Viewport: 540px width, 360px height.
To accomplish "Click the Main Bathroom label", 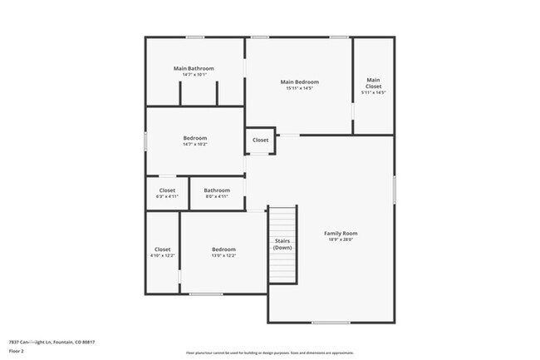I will (x=194, y=68).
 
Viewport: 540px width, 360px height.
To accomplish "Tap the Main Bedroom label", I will (x=300, y=81).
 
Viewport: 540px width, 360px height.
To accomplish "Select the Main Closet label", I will (x=373, y=83).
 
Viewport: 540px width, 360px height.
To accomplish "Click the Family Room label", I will (x=340, y=233).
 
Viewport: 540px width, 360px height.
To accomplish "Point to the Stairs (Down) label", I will (x=282, y=244).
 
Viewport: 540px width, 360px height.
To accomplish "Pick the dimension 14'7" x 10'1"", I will (x=194, y=75).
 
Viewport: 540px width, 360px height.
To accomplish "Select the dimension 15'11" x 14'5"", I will (x=300, y=88).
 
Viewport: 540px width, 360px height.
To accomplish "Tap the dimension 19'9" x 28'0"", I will (x=340, y=239).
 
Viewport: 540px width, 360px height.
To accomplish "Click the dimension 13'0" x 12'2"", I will (x=223, y=256).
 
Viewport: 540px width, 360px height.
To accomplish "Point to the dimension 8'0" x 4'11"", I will (x=217, y=196).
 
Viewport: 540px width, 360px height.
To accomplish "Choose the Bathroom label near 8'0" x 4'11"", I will (x=217, y=190).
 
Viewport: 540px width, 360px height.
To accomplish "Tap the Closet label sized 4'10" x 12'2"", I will (x=162, y=249).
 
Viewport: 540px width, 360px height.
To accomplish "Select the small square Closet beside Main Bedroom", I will (x=260, y=141).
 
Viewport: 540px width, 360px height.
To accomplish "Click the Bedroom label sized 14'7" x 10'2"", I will (x=195, y=137).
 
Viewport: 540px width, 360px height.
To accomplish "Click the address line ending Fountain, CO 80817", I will (x=52, y=342).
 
